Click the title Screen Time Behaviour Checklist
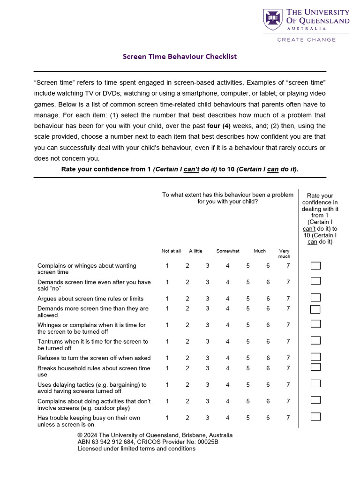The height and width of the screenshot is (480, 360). (x=180, y=57)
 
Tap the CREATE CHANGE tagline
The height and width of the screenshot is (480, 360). (x=306, y=40)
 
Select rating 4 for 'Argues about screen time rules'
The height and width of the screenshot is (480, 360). (x=227, y=299)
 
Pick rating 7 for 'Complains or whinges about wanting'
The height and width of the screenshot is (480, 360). (x=288, y=266)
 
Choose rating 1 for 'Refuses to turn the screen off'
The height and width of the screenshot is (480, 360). (x=167, y=358)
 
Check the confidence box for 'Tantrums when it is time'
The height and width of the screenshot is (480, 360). (x=315, y=340)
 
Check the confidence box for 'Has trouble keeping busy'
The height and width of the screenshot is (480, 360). (x=315, y=416)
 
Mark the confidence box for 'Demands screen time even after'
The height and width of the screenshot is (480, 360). (x=315, y=281)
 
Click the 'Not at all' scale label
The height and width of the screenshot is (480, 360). (x=171, y=251)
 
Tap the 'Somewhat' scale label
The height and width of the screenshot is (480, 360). (x=228, y=251)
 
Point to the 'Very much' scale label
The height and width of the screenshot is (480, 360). (x=284, y=254)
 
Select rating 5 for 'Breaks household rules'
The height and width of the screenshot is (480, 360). (x=248, y=368)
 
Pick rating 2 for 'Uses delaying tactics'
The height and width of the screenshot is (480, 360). (x=187, y=385)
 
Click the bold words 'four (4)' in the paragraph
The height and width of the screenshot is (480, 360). (x=218, y=126)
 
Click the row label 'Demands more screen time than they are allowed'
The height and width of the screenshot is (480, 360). (x=93, y=312)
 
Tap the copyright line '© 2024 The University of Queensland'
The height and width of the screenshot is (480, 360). (x=155, y=435)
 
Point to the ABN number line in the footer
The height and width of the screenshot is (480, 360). (x=148, y=442)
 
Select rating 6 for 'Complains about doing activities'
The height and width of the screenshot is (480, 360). (x=268, y=401)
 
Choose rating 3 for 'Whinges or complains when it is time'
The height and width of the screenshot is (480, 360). (x=207, y=325)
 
